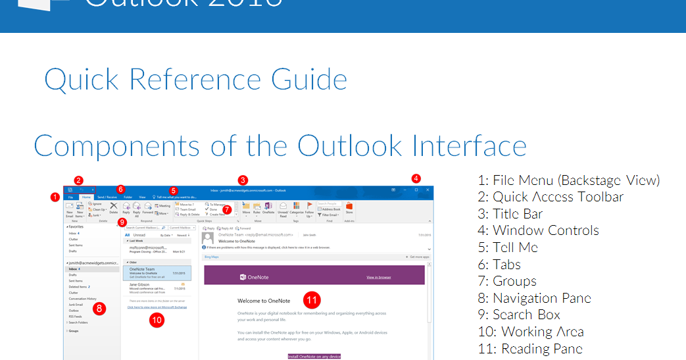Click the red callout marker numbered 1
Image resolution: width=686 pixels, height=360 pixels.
[x=55, y=196]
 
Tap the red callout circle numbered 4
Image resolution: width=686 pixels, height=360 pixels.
[x=415, y=178]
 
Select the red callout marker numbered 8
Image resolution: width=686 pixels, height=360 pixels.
[x=99, y=307]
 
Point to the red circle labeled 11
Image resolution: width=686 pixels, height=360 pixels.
[x=312, y=300]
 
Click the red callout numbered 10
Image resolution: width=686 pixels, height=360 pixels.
[x=157, y=320]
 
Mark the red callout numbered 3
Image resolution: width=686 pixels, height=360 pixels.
[x=243, y=180]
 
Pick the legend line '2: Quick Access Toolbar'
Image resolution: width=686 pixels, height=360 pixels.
[x=551, y=197]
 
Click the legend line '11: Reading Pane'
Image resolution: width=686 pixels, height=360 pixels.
[x=530, y=349]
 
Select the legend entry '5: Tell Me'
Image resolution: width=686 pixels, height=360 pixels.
[x=508, y=247]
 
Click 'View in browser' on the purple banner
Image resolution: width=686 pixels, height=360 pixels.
[x=378, y=277]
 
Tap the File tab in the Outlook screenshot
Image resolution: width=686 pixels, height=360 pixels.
[x=70, y=197]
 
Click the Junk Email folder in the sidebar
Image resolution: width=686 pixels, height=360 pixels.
[x=77, y=304]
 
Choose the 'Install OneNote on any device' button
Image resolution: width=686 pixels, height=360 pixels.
[x=314, y=356]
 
